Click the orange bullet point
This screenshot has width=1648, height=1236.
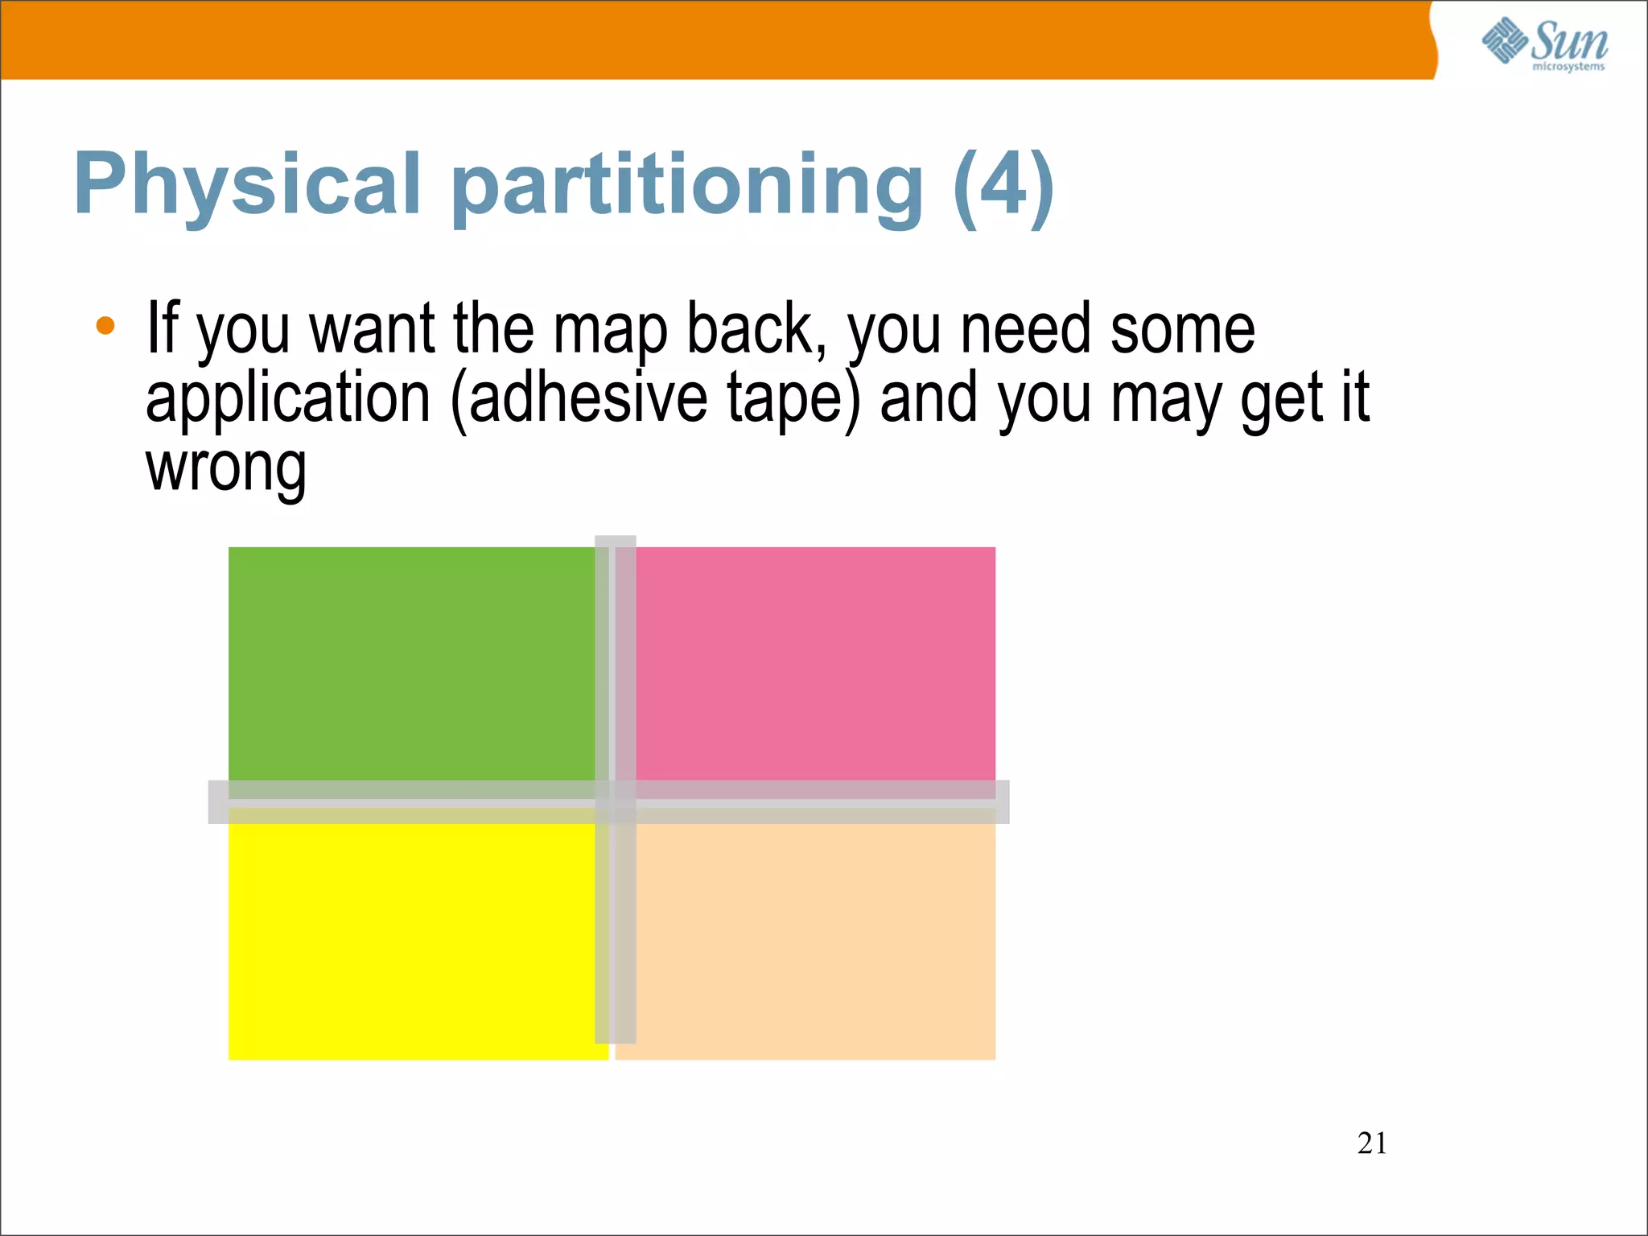click(x=105, y=326)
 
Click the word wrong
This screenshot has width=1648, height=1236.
click(x=225, y=468)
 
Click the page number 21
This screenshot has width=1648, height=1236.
click(x=1371, y=1143)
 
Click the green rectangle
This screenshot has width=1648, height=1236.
click(x=410, y=664)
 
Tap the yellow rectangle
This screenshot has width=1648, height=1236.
click(x=410, y=941)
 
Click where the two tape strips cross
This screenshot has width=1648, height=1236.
click(x=616, y=801)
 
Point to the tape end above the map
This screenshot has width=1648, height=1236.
click(x=616, y=542)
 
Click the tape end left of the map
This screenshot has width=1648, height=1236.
click(x=218, y=801)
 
